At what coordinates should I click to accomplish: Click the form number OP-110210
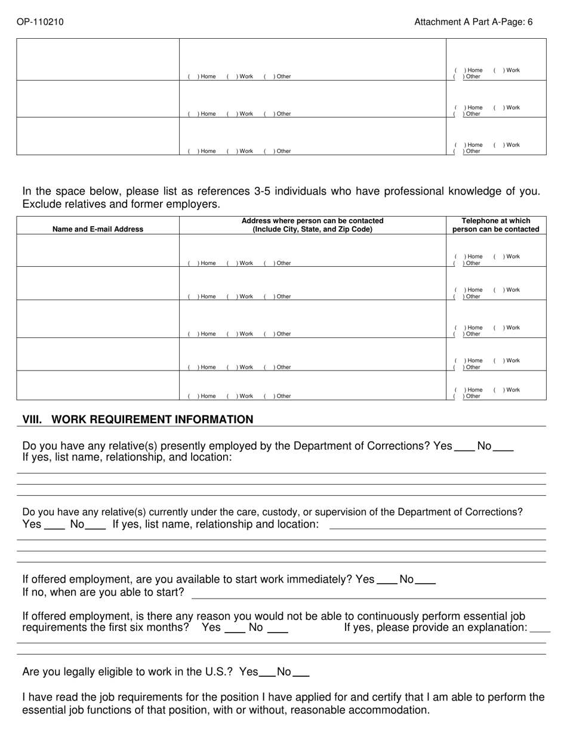(40, 22)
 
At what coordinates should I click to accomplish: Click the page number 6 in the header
(530, 22)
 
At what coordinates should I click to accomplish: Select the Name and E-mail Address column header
(98, 229)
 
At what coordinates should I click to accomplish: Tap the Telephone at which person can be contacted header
(495, 225)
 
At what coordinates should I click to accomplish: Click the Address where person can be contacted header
(312, 225)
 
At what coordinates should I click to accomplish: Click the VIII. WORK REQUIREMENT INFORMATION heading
(138, 420)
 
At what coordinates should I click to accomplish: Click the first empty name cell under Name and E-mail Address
(98, 251)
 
